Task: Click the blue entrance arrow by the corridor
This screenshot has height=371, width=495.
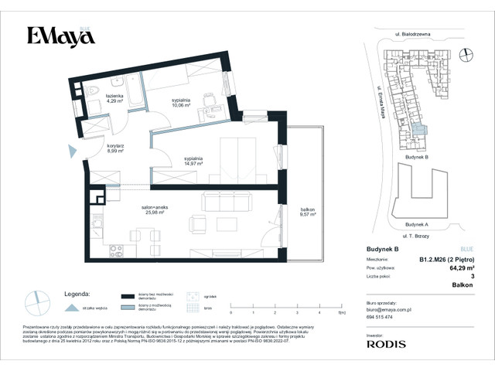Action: click(73, 153)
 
